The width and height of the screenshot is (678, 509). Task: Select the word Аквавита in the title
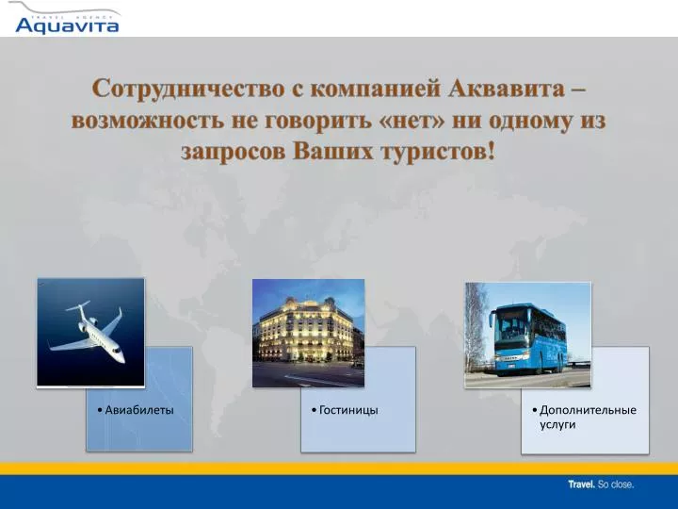[x=507, y=89]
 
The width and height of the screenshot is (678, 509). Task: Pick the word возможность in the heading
[x=148, y=121]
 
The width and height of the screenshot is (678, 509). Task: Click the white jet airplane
[x=88, y=332]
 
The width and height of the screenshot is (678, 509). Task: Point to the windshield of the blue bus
[x=510, y=329]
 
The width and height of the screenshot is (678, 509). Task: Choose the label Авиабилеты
[x=139, y=410]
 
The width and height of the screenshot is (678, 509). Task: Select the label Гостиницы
[x=348, y=410]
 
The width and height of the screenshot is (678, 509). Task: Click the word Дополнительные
[x=588, y=410]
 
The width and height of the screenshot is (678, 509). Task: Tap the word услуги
[x=557, y=424]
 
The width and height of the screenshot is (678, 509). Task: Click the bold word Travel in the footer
[x=582, y=484]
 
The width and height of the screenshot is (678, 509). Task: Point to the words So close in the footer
[x=616, y=484]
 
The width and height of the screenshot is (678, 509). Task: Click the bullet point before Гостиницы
[x=315, y=410]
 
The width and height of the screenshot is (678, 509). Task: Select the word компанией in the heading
[x=376, y=89]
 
